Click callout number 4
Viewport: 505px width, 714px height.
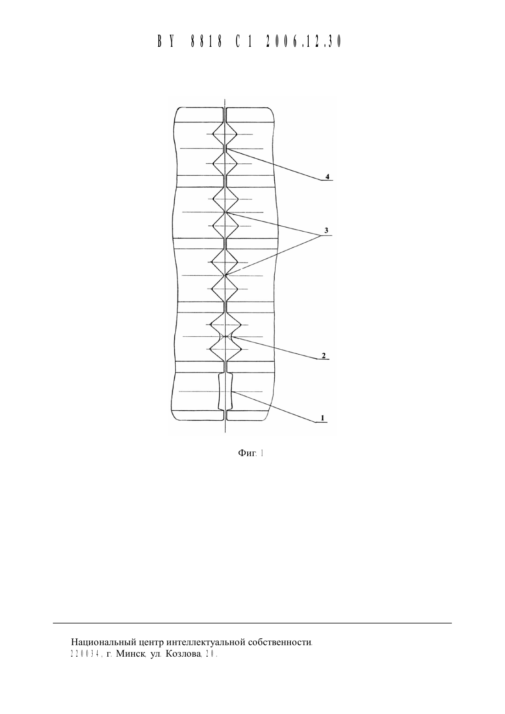[327, 177]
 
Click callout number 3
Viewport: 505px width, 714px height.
[326, 230]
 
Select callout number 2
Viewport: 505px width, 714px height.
[324, 356]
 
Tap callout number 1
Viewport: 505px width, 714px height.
[322, 418]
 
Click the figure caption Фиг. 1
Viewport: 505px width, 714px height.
[250, 453]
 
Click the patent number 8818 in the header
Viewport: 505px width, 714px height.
[206, 41]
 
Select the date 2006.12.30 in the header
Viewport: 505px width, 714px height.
[303, 41]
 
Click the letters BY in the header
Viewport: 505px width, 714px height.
[166, 41]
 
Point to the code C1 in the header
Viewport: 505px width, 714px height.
[244, 41]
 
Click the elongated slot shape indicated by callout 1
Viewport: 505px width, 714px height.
[225, 391]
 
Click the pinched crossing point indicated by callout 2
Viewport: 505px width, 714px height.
[225, 336]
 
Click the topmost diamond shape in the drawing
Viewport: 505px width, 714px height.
[225, 134]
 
